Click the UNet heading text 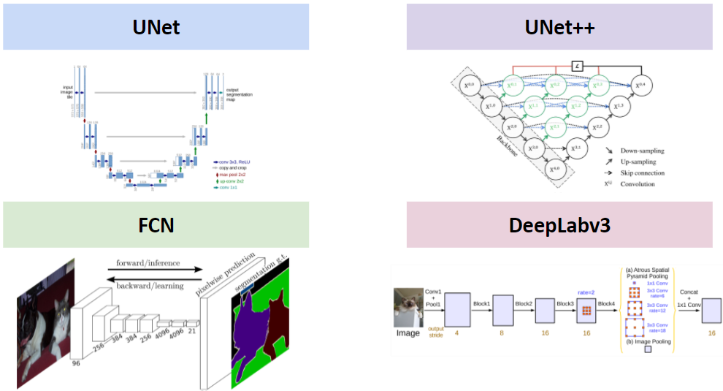pos(156,28)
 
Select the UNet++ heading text pos(559,28)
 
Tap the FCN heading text pos(156,225)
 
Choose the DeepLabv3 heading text pos(559,225)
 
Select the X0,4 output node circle pos(643,86)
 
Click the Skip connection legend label pos(640,173)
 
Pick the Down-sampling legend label pos(641,151)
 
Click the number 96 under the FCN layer pos(76,361)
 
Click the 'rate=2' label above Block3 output pos(585,292)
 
